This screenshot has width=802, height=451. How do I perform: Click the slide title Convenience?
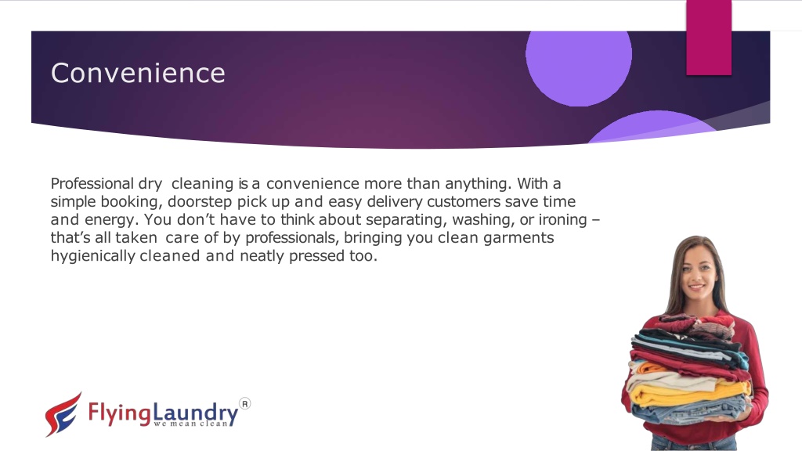pyautogui.click(x=138, y=73)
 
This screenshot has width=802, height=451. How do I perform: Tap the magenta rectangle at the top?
pyautogui.click(x=709, y=38)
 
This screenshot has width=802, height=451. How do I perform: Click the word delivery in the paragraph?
pyautogui.click(x=395, y=202)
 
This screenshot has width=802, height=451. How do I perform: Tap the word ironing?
pyautogui.click(x=562, y=220)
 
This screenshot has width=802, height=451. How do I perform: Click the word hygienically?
pyautogui.click(x=92, y=256)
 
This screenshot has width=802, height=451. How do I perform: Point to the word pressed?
pyautogui.click(x=316, y=256)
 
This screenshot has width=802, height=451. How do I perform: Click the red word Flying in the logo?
pyautogui.click(x=120, y=412)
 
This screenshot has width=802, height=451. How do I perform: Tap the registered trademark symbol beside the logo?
pyautogui.click(x=245, y=404)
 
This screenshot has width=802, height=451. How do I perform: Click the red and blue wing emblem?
pyautogui.click(x=63, y=414)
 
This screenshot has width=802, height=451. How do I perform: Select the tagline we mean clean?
pyautogui.click(x=191, y=424)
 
